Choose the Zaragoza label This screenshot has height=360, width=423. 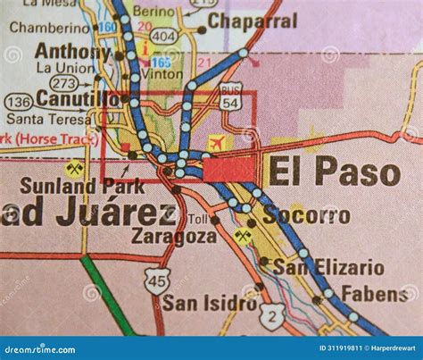[x=173, y=236]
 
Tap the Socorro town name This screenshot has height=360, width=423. [x=308, y=214]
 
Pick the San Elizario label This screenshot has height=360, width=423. [x=328, y=266]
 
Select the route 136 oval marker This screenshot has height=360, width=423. [x=20, y=102]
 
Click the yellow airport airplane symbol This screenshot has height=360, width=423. [x=216, y=143]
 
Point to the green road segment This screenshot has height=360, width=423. [x=107, y=295]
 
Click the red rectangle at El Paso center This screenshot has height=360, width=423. [x=228, y=169]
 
